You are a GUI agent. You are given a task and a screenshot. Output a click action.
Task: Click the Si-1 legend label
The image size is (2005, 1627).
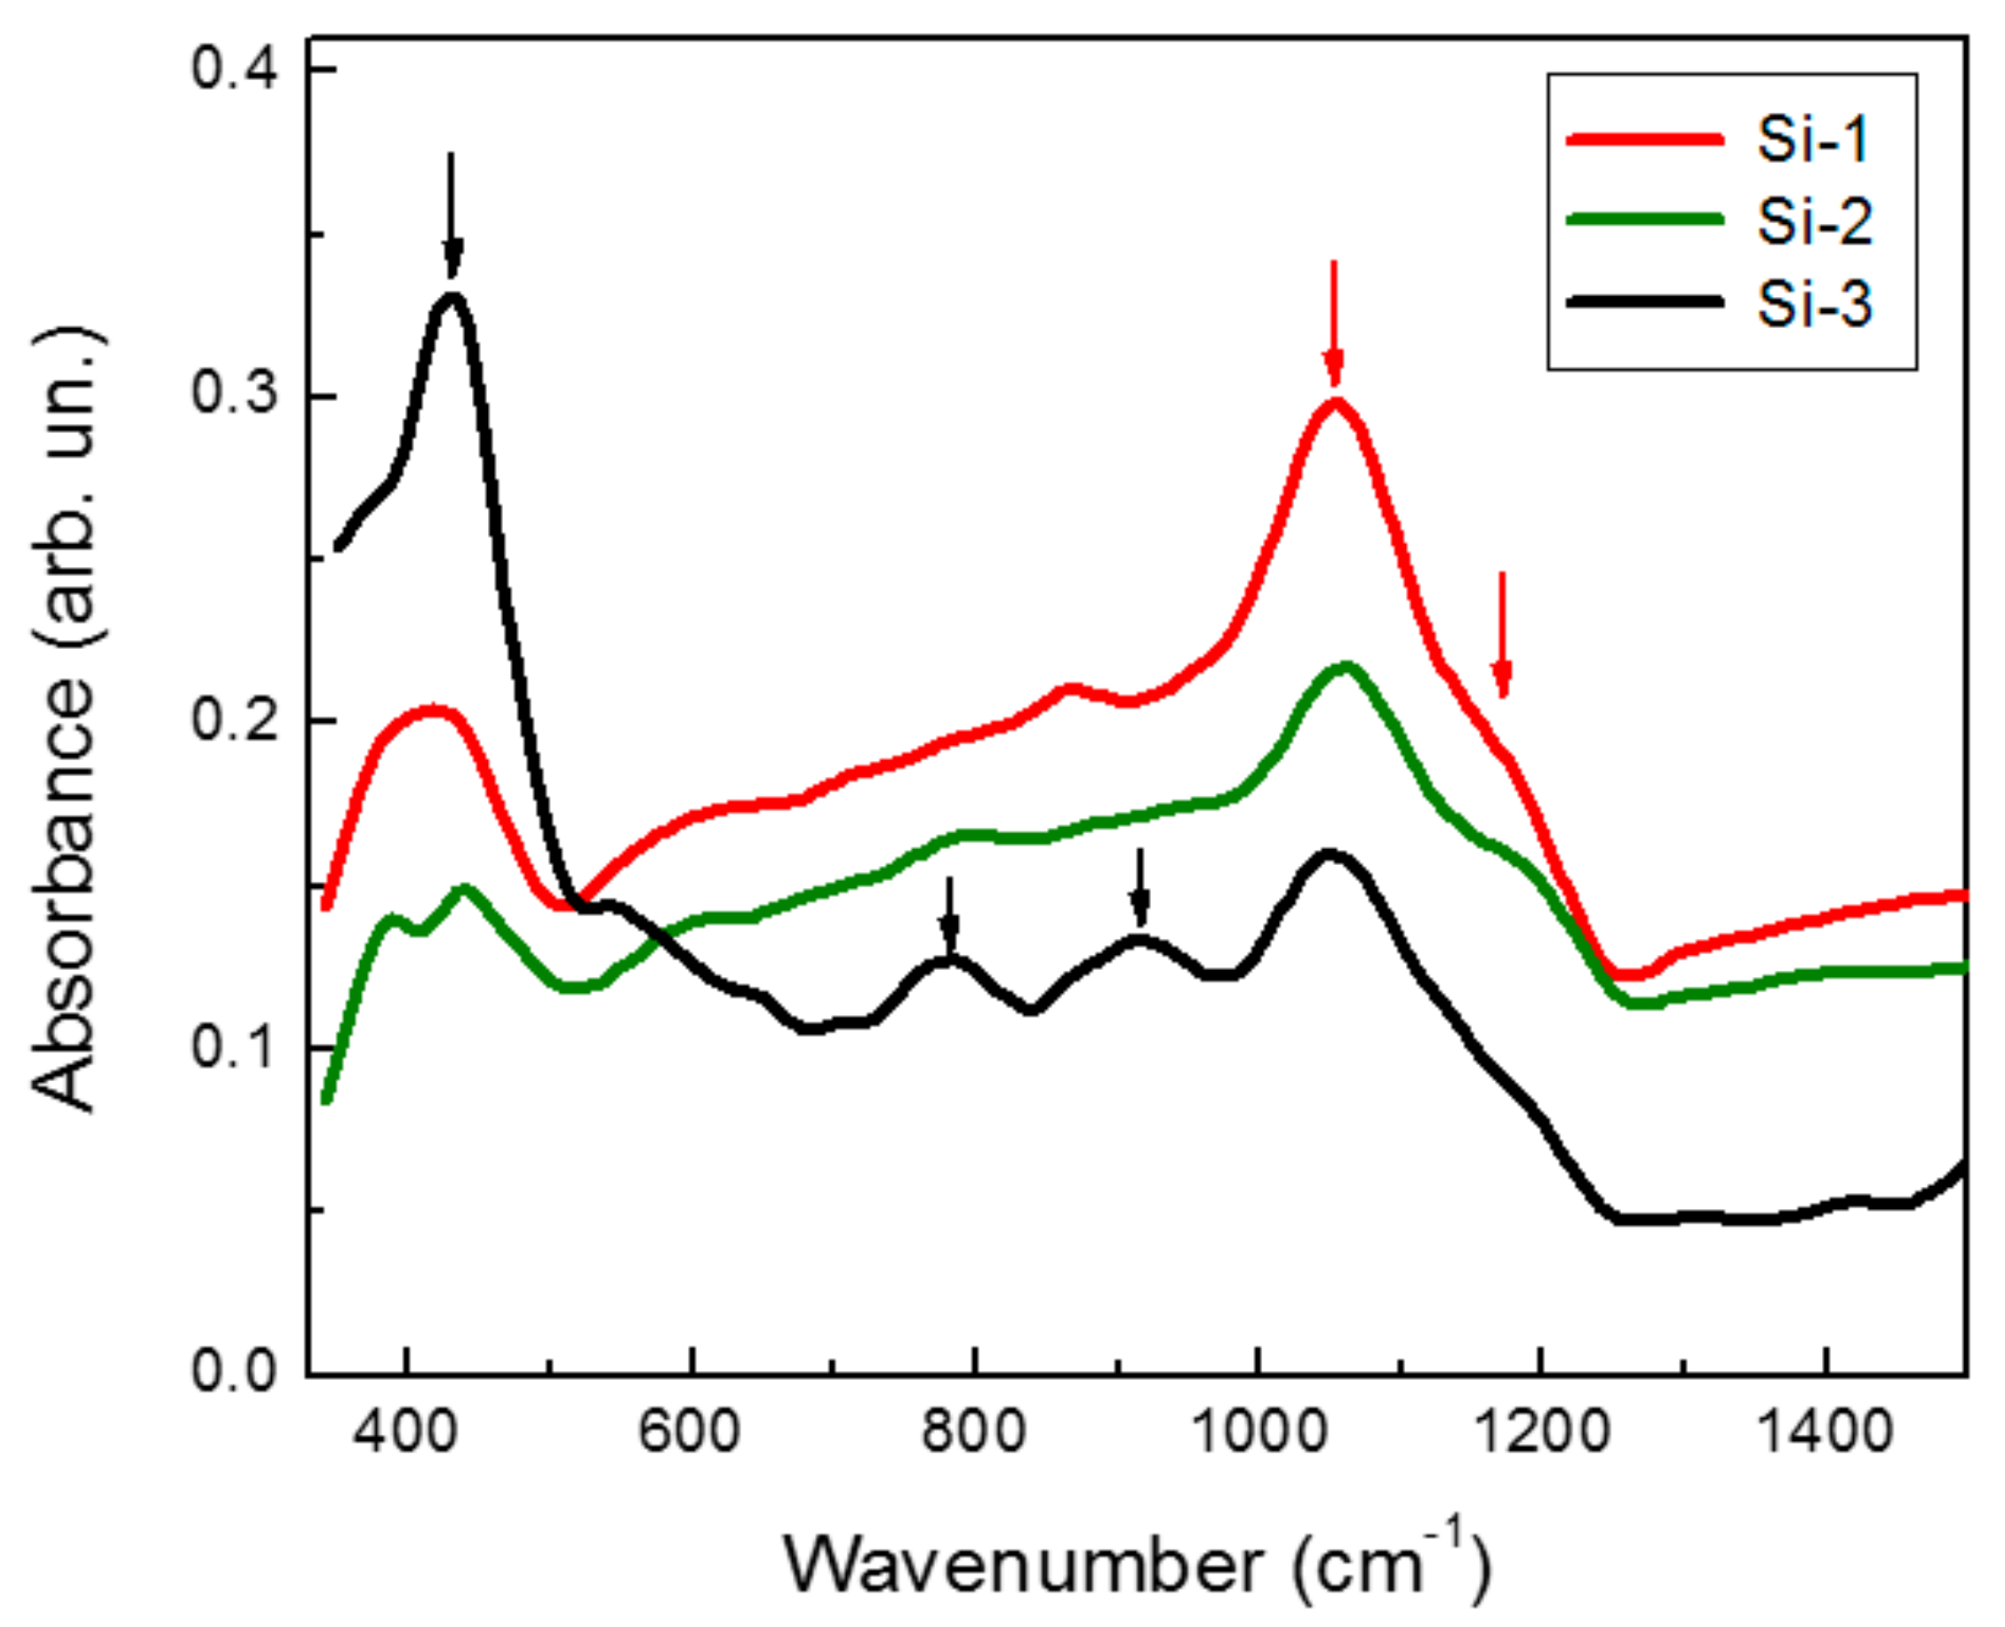[x=1813, y=140]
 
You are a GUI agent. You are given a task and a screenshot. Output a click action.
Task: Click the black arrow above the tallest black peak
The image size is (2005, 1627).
[x=451, y=215]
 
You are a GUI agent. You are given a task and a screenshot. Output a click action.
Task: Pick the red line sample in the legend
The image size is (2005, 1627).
[x=1645, y=140]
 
